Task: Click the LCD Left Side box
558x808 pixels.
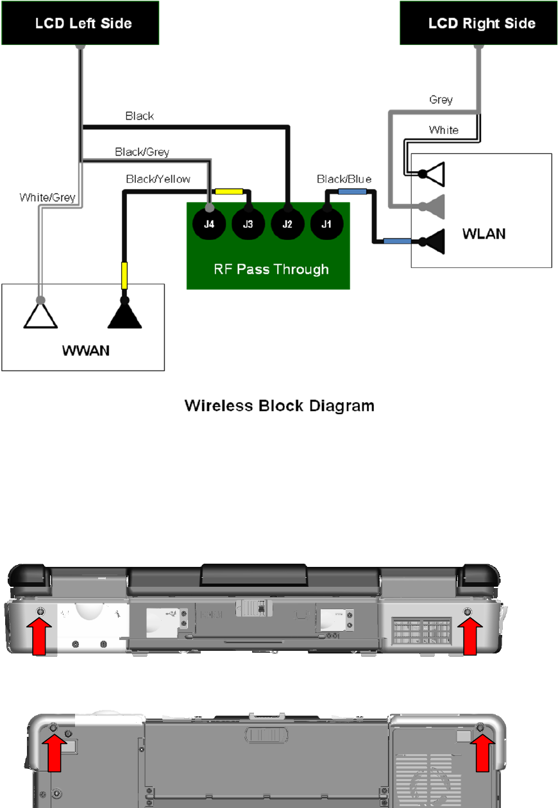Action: pyautogui.click(x=80, y=23)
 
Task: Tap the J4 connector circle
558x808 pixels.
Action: pyautogui.click(x=208, y=223)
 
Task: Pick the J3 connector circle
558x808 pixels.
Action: pyautogui.click(x=248, y=223)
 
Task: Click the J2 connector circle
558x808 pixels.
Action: pyautogui.click(x=287, y=223)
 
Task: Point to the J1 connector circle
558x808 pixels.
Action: pyautogui.click(x=326, y=223)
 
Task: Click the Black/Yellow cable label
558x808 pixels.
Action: pyautogui.click(x=158, y=179)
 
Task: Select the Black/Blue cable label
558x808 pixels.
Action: pyautogui.click(x=344, y=179)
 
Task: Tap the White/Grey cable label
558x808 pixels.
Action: pyautogui.click(x=47, y=198)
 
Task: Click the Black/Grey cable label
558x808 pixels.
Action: pyautogui.click(x=142, y=152)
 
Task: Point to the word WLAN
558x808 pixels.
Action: pyautogui.click(x=484, y=233)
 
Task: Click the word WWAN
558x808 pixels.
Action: pyautogui.click(x=83, y=352)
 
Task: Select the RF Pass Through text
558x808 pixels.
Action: pyautogui.click(x=271, y=269)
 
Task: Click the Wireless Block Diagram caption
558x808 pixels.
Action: pyautogui.click(x=279, y=406)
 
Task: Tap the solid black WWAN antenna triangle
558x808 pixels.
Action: pyautogui.click(x=125, y=315)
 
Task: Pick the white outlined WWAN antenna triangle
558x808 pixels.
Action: pyautogui.click(x=41, y=315)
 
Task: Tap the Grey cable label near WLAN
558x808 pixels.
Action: pyautogui.click(x=441, y=100)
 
